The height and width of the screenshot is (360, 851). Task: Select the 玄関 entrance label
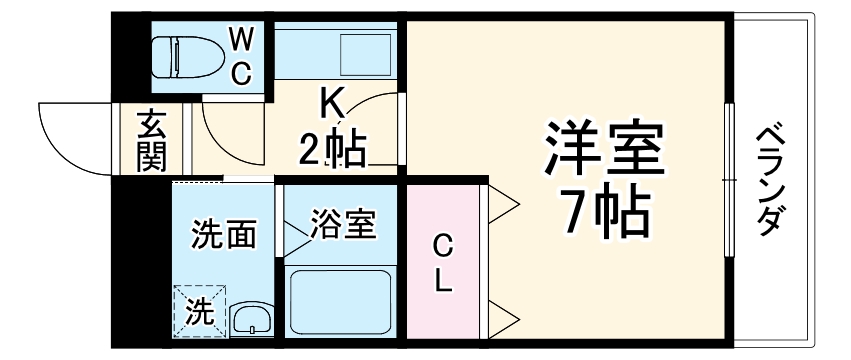pos(152,140)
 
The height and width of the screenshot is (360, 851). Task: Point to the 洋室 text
pos(602,150)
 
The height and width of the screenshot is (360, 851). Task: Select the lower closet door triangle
pos(503,320)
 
